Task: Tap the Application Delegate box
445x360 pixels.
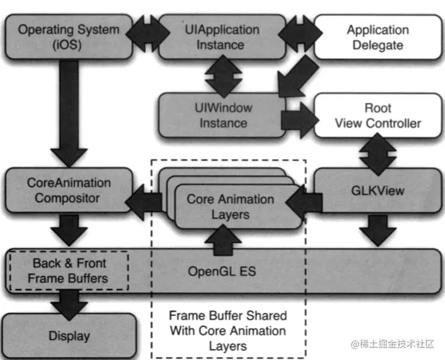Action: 378,37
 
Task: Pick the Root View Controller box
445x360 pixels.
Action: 378,115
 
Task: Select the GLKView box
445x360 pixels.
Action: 378,191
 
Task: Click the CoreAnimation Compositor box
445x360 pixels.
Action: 69,191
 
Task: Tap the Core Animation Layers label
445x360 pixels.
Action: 230,207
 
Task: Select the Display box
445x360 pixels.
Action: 69,336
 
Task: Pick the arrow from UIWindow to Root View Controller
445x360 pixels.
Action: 298,117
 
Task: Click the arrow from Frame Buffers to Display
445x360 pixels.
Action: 68,302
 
